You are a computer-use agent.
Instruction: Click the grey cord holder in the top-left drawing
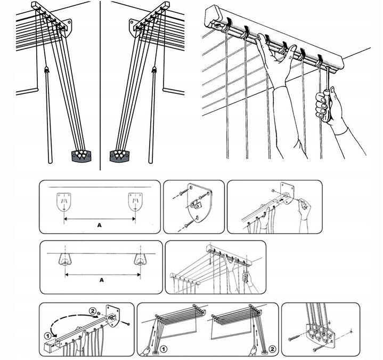pos(82,155)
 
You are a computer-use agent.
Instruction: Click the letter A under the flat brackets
pos(99,226)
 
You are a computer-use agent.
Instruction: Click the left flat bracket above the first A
pos(64,202)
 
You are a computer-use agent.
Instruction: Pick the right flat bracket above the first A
pos(135,202)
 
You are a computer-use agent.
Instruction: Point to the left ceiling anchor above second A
pos(66,259)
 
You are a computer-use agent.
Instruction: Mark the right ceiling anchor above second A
pos(141,259)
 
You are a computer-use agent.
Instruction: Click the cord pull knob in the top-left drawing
pos(47,69)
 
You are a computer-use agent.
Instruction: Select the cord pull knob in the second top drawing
pos(154,69)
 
